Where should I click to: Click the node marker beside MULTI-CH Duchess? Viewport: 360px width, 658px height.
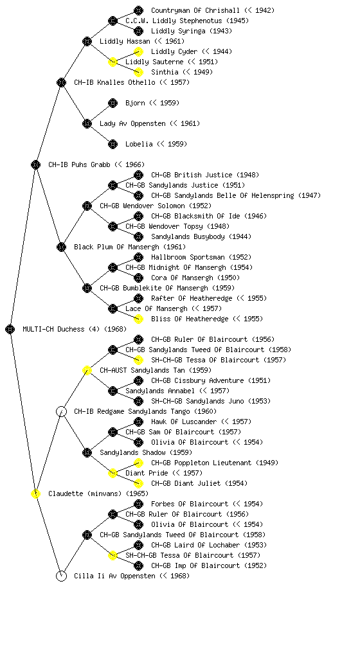(x=10, y=330)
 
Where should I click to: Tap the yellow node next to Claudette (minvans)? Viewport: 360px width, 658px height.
(x=35, y=494)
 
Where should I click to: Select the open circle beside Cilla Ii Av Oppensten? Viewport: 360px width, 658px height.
(x=61, y=576)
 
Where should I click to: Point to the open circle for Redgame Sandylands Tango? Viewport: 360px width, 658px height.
(x=61, y=412)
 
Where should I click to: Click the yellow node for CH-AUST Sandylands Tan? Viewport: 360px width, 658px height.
(x=87, y=371)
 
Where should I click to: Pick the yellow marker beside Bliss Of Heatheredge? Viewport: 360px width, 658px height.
(x=138, y=319)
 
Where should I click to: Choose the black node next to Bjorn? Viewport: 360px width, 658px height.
(x=113, y=103)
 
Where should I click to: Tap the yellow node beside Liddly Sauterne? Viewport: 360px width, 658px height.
(x=113, y=62)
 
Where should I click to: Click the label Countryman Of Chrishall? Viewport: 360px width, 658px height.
(x=195, y=10)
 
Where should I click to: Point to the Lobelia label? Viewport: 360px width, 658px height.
(x=139, y=144)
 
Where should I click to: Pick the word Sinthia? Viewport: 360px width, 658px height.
(x=165, y=72)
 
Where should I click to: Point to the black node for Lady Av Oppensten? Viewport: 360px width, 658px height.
(x=87, y=124)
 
